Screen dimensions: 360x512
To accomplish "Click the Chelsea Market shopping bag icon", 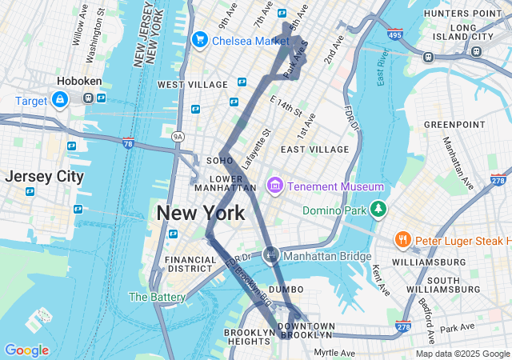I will click(x=200, y=39).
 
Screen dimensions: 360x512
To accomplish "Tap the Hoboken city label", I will click(x=78, y=81).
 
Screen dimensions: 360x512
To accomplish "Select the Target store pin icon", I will click(x=59, y=99).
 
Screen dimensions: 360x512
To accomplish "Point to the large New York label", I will click(x=200, y=213).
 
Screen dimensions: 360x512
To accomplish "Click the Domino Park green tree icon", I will click(x=378, y=210).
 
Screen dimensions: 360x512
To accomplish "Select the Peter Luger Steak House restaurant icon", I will click(x=402, y=239).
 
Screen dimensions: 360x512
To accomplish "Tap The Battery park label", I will click(x=157, y=297).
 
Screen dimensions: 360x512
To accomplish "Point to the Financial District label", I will click(x=190, y=265).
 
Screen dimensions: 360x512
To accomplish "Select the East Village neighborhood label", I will click(x=315, y=150).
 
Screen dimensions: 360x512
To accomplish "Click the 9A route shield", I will click(x=178, y=137).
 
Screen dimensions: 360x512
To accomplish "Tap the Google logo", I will click(x=26, y=350).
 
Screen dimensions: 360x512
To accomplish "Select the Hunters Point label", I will click(x=460, y=14).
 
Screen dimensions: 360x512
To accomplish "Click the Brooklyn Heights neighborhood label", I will click(x=249, y=337).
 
